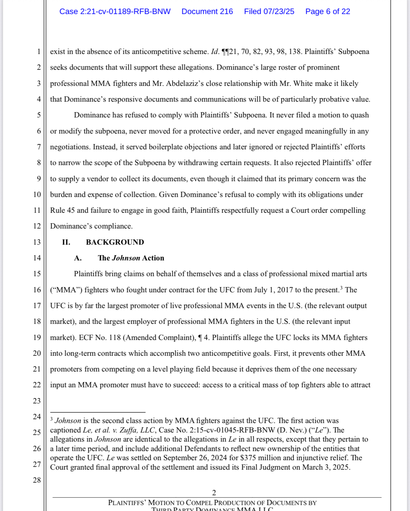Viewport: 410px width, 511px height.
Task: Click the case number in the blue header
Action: [115, 12]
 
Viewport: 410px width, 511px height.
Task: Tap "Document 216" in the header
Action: [207, 12]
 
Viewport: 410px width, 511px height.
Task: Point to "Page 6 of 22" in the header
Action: [328, 12]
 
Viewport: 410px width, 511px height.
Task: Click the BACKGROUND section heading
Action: [115, 242]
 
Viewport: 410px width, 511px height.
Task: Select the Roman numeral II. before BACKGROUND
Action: [66, 242]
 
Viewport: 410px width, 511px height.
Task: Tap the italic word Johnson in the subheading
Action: [126, 258]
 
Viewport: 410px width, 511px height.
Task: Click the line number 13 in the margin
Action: [37, 242]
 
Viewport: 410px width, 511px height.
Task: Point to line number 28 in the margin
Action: [37, 480]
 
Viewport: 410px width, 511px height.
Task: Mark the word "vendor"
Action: [98, 179]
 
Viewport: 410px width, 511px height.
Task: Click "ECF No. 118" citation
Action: [100, 338]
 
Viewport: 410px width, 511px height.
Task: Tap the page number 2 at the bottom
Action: [214, 493]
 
